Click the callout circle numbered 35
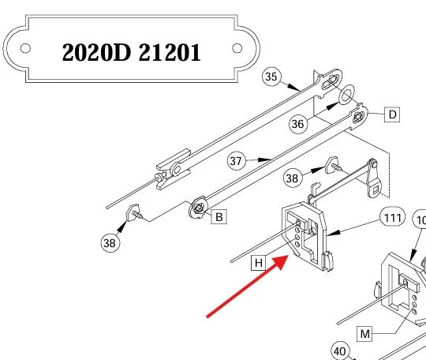point(271,77)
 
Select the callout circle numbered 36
point(297,124)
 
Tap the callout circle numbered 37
point(236,161)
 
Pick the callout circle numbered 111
point(393,218)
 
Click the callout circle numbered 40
point(339,351)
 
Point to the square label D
point(392,114)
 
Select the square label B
point(219,216)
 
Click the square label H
point(259,263)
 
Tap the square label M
point(364,334)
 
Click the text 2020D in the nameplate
point(96,52)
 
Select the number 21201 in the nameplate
point(170,52)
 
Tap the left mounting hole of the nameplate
point(25,48)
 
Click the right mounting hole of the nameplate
point(237,48)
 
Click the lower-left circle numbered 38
point(110,243)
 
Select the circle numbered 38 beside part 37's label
point(292,178)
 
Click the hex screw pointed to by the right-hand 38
point(333,164)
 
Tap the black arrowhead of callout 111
point(334,233)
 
